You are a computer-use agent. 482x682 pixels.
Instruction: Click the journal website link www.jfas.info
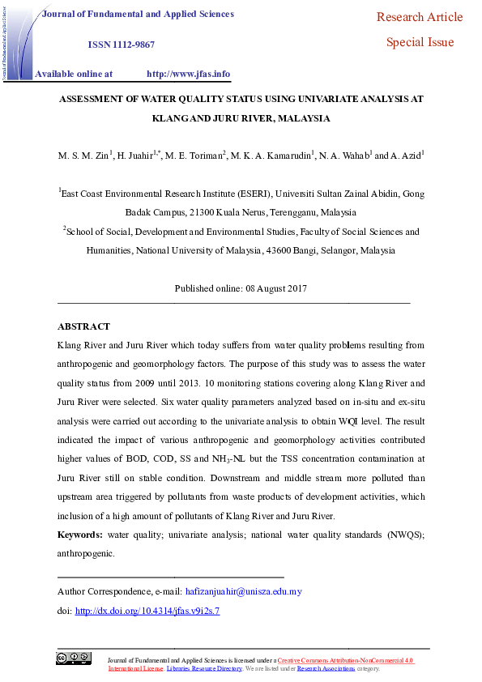[x=188, y=74]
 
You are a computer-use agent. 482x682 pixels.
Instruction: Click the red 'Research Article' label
[x=420, y=17]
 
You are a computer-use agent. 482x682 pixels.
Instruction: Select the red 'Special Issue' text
[x=420, y=42]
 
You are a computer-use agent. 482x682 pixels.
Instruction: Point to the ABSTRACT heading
[x=83, y=326]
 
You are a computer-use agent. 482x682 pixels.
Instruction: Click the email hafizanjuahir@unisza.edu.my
[x=244, y=591]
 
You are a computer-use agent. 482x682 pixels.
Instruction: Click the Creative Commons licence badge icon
[x=74, y=659]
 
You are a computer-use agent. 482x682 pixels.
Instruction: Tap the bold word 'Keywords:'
[x=80, y=535]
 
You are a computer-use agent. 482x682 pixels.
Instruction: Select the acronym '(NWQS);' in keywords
[x=403, y=535]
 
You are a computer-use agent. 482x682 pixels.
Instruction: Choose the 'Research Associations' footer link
[x=326, y=669]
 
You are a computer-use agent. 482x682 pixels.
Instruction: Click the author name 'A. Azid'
[x=408, y=156]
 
